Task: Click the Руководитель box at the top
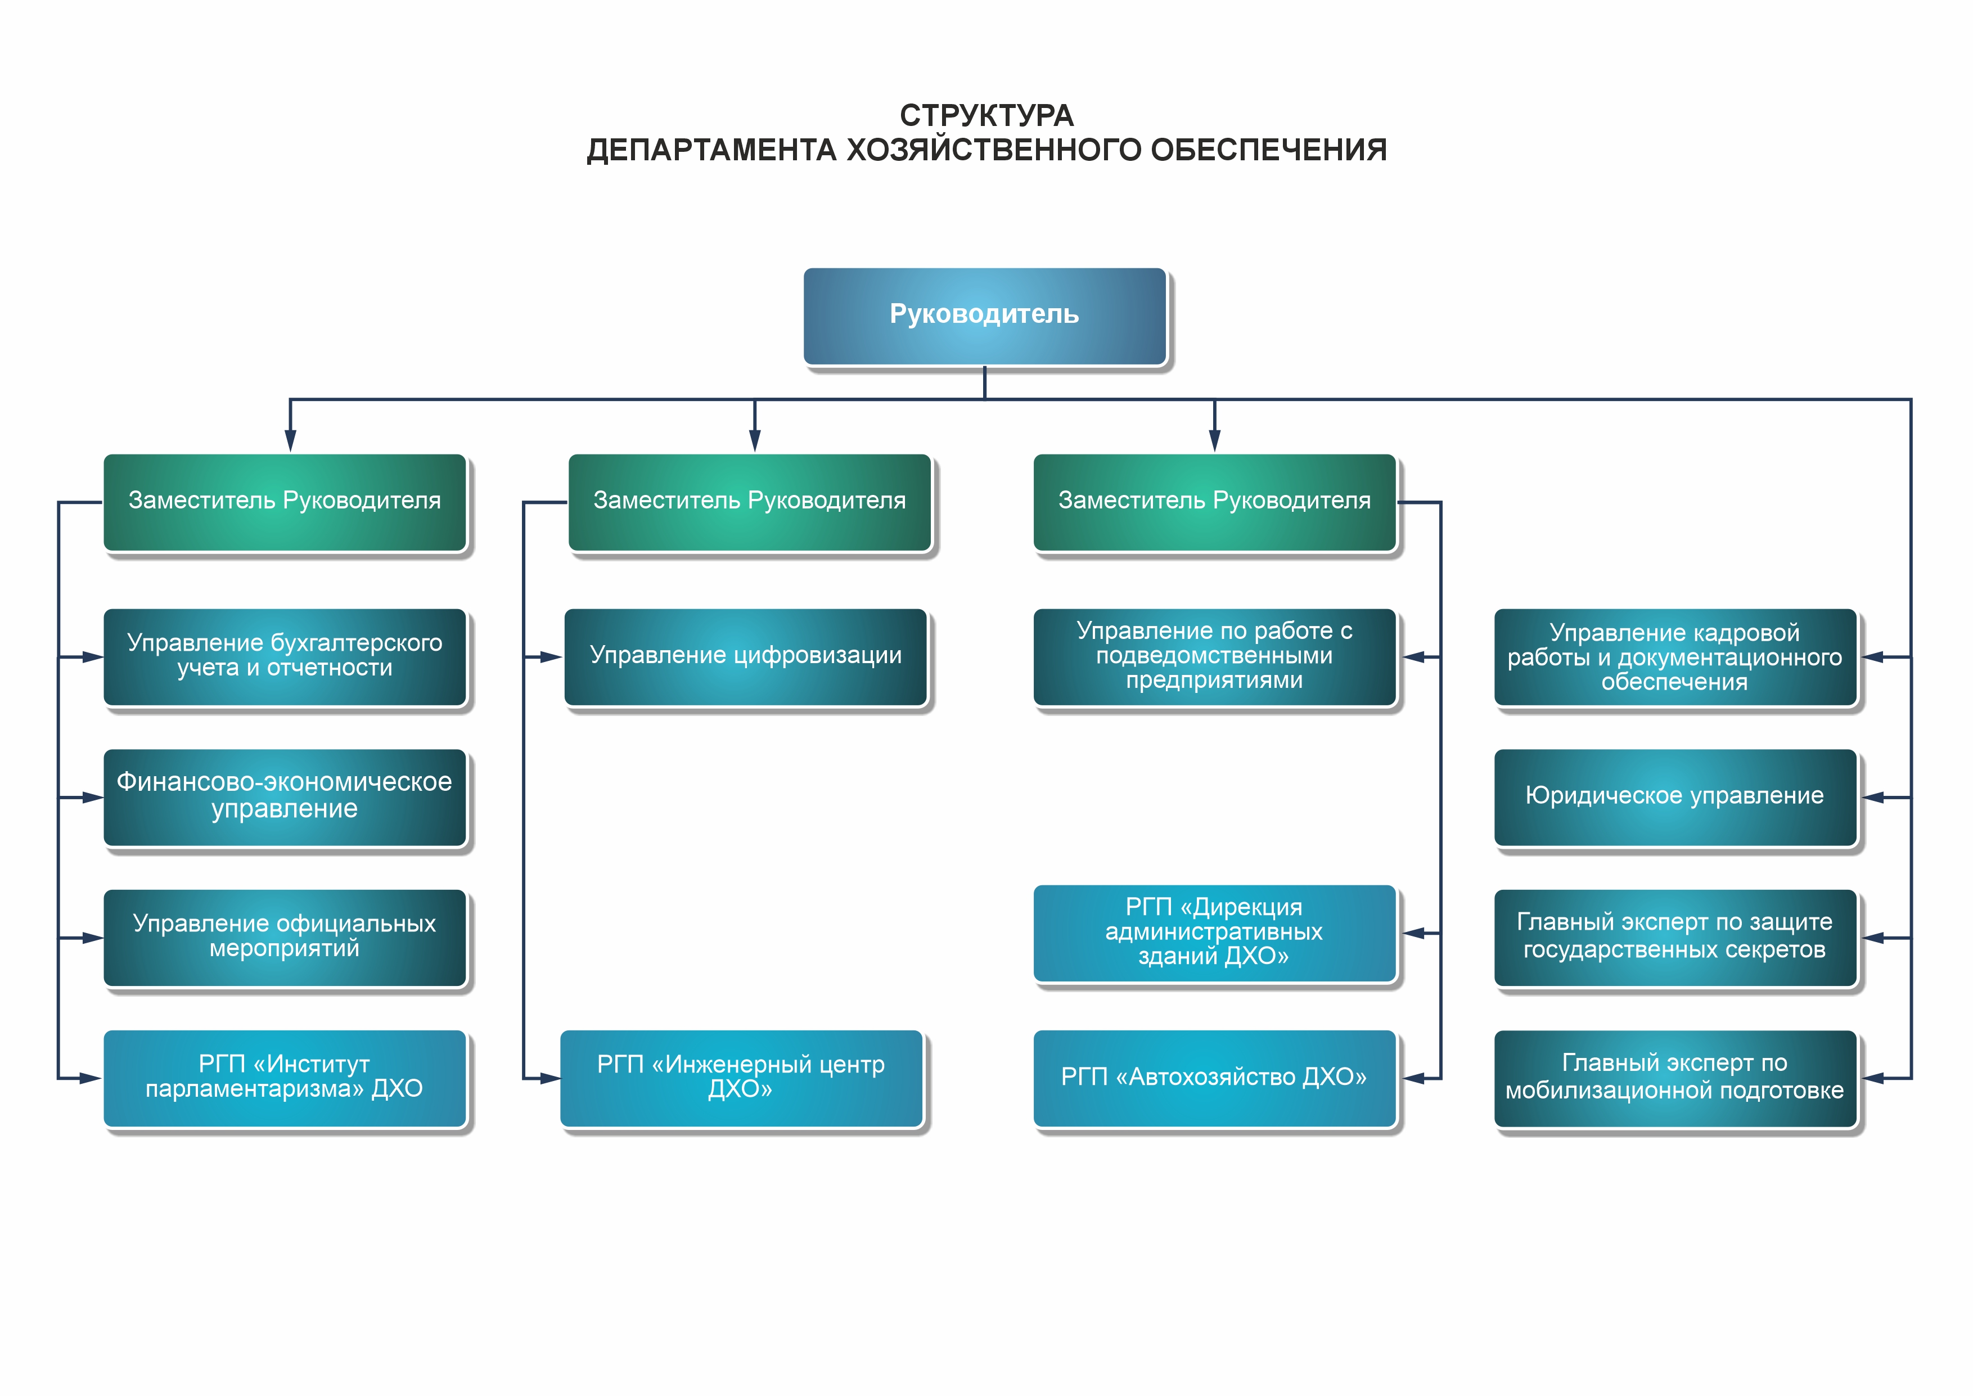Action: [x=985, y=316]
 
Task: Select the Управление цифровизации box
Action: [x=746, y=658]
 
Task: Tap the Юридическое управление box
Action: [x=1675, y=798]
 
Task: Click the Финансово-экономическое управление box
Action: [x=285, y=798]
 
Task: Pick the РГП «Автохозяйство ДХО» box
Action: [x=1215, y=1079]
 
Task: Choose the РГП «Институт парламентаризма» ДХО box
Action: [x=285, y=1079]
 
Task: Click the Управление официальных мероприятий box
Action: [x=285, y=938]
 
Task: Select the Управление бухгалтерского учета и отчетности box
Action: [x=285, y=658]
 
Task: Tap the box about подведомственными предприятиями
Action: [x=1215, y=658]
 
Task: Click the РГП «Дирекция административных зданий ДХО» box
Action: [x=1215, y=934]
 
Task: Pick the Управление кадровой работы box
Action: [x=1675, y=658]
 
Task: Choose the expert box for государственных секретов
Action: [x=1675, y=938]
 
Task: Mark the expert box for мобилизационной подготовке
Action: [x=1675, y=1079]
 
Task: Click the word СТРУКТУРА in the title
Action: [x=986, y=115]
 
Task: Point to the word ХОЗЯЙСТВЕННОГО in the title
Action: [x=993, y=150]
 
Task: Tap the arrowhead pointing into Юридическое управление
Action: [x=1873, y=798]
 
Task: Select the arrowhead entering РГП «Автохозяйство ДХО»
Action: [x=1413, y=1079]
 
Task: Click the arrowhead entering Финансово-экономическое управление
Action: [x=92, y=798]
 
